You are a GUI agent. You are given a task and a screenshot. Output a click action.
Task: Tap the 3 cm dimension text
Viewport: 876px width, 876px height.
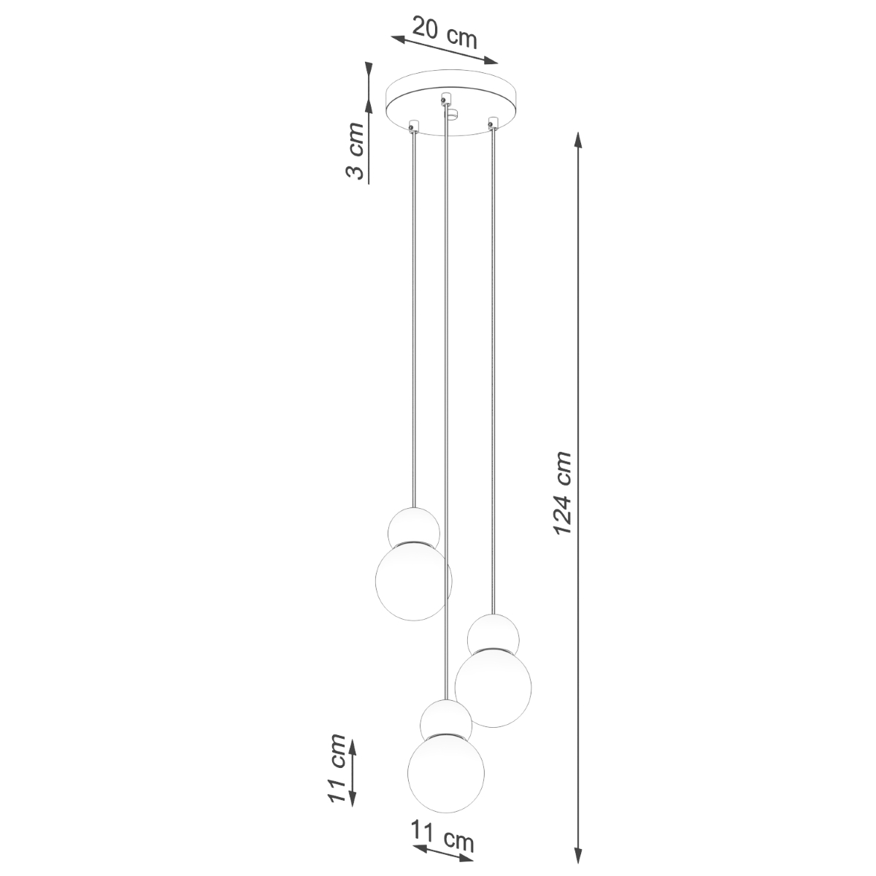point(356,152)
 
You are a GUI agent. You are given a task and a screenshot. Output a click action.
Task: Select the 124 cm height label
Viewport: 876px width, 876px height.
point(562,493)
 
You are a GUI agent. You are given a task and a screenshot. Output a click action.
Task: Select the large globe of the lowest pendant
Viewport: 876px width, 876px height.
point(445,772)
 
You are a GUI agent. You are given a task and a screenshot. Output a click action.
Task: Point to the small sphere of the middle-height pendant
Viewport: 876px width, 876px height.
point(493,633)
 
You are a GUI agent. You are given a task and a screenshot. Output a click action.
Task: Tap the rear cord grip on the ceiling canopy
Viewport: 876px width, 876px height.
point(445,96)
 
